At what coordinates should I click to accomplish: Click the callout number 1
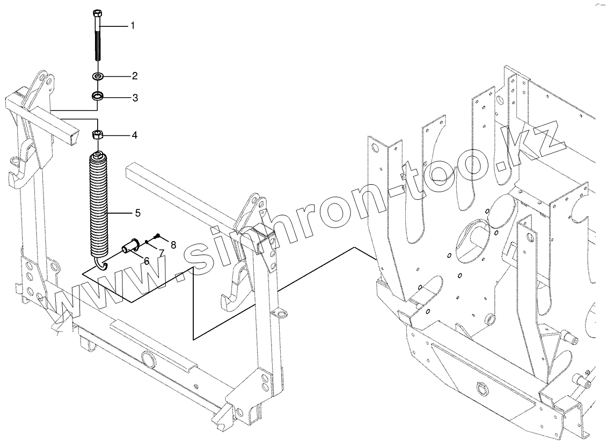point(133,26)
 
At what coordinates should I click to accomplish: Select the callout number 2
point(135,76)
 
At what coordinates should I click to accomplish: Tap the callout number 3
point(135,98)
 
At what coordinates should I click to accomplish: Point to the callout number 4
point(134,135)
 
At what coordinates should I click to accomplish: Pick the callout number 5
point(138,213)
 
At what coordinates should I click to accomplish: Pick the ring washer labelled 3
point(97,97)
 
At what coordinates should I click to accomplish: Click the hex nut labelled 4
point(97,134)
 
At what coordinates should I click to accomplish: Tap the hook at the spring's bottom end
point(100,263)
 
